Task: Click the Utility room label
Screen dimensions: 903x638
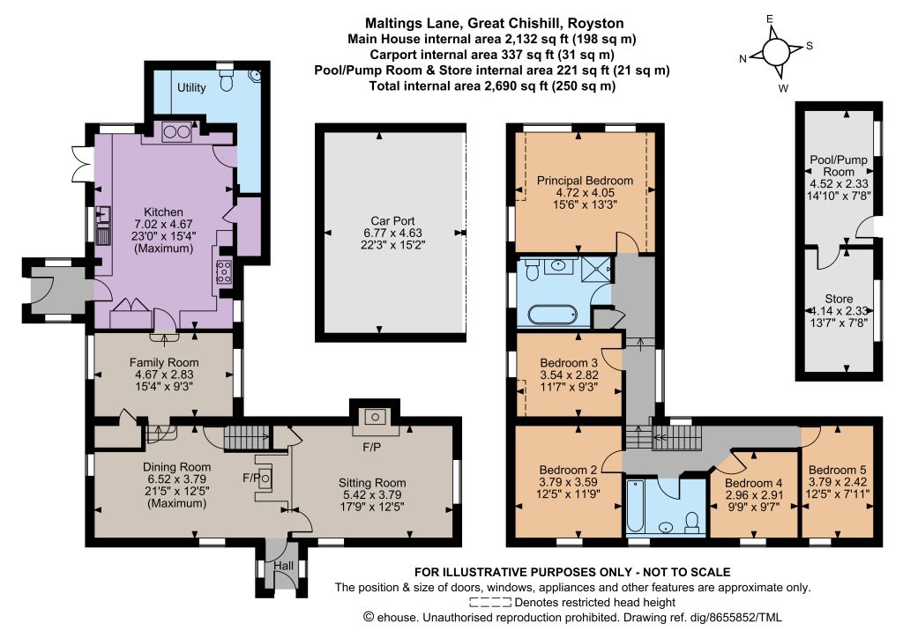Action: click(191, 87)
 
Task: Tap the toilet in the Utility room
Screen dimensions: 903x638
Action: click(227, 81)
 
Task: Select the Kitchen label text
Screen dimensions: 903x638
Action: click(163, 212)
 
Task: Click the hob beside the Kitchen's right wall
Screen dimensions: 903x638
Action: click(223, 271)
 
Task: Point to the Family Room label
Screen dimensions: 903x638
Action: click(164, 362)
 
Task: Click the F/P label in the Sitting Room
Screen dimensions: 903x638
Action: click(371, 447)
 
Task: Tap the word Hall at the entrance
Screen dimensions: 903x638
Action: click(283, 566)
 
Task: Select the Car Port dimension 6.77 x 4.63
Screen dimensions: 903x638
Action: click(392, 233)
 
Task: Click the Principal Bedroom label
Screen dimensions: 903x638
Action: click(585, 181)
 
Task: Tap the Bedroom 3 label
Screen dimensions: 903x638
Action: click(569, 363)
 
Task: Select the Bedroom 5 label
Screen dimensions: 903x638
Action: click(837, 470)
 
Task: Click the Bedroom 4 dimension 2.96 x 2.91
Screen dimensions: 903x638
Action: click(753, 494)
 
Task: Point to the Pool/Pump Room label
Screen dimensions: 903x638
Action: click(839, 166)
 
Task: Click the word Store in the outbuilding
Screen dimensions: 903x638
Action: click(839, 299)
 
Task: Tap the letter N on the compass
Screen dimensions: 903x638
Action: click(743, 58)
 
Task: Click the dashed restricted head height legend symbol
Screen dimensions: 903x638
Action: click(490, 603)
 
